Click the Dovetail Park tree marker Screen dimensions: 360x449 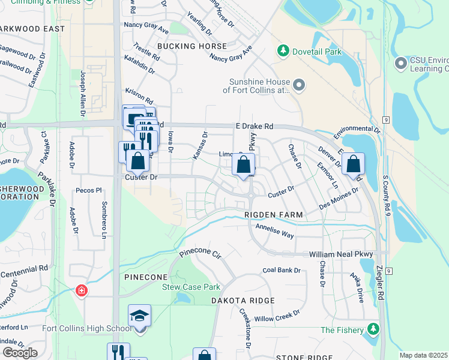(x=283, y=52)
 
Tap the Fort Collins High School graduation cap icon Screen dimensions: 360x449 (x=139, y=316)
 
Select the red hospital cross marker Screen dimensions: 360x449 (x=81, y=291)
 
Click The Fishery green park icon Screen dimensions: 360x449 (x=374, y=329)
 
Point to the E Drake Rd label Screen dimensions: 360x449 (x=253, y=127)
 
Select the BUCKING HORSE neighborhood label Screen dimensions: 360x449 (x=192, y=46)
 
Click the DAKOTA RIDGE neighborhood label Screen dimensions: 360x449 (x=243, y=300)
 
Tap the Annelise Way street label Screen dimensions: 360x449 (x=275, y=232)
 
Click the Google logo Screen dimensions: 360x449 (x=20, y=353)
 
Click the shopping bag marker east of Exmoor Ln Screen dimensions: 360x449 (x=354, y=164)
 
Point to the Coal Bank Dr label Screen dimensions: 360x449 (x=281, y=270)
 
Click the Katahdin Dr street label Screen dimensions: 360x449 (x=140, y=71)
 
